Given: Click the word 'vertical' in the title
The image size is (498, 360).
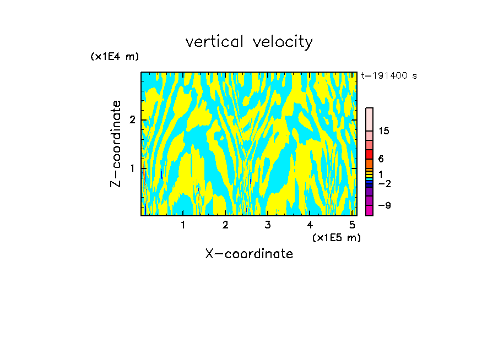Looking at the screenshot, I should [215, 42].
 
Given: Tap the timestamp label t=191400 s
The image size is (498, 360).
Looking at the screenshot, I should [389, 75].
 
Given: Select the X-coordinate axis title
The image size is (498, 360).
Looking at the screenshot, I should [249, 254].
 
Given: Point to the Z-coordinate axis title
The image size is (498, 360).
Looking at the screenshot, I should [116, 143].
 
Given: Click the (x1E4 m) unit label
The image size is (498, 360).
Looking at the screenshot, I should [115, 57].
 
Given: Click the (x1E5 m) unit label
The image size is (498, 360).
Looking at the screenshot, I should [336, 237].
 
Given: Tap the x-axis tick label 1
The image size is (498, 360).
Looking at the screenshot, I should [183, 225].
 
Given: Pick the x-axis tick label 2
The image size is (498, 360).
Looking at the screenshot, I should [225, 225].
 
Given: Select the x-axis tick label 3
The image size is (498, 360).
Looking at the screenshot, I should [268, 225].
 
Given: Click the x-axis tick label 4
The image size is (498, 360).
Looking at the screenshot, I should [310, 225].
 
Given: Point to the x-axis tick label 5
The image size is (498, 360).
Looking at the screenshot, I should [352, 225].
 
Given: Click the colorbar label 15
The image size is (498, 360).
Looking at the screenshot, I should [385, 131].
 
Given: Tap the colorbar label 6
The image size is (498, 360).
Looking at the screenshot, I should [381, 159].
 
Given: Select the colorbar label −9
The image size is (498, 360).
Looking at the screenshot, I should [385, 205].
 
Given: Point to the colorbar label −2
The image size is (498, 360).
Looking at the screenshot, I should [385, 183].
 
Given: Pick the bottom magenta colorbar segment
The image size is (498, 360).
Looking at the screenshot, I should [369, 210].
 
